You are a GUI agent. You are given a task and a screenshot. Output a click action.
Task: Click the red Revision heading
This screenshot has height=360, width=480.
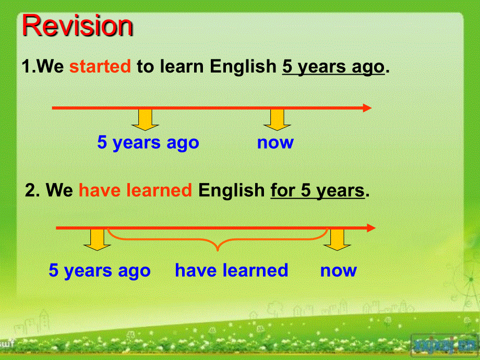tap(77, 26)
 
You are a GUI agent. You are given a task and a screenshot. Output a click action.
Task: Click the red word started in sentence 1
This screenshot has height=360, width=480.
tap(100, 66)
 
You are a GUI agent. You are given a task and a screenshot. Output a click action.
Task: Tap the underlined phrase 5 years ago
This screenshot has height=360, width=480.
tap(333, 67)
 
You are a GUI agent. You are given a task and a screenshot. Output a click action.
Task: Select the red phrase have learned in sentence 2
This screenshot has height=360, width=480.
tap(135, 190)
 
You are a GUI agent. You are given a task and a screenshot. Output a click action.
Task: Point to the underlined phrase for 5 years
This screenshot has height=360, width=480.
tap(318, 190)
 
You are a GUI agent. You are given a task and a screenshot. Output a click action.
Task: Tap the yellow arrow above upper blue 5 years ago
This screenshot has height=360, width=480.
tap(145, 119)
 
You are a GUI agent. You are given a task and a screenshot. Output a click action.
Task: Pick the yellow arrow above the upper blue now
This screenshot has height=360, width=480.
tap(277, 119)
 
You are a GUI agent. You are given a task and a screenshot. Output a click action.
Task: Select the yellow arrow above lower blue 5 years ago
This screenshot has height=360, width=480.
tap(97, 240)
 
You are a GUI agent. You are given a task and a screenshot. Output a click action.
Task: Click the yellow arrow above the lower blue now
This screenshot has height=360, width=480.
tap(337, 240)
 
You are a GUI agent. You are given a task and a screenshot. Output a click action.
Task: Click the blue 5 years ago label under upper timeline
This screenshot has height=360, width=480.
tap(148, 142)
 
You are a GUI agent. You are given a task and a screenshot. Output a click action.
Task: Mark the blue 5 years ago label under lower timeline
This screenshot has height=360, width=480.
tap(100, 271)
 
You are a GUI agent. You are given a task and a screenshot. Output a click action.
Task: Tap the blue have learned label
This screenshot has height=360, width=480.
tap(232, 270)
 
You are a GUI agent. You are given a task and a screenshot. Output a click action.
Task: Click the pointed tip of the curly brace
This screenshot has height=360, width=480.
tap(218, 251)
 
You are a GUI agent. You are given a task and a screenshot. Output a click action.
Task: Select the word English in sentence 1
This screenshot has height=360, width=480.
tap(243, 67)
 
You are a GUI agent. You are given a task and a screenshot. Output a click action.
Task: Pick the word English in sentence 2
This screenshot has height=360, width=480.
tap(232, 190)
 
